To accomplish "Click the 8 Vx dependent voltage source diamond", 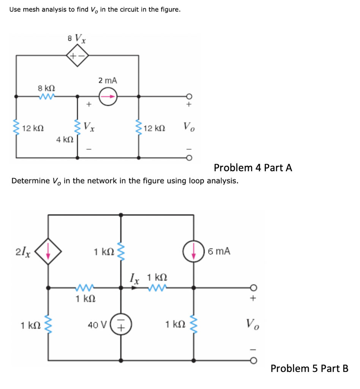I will [78, 56].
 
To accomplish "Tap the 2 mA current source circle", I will [108, 96].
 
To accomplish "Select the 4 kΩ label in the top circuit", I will [64, 139].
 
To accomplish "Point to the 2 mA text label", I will [107, 81].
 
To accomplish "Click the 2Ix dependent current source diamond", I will [48, 251].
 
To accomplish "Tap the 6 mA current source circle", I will [194, 251].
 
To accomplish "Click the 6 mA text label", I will [219, 251].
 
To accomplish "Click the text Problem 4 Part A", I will [253, 168].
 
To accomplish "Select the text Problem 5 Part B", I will [309, 368].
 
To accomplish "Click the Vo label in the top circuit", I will [189, 126].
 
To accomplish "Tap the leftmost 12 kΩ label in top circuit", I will [32, 128].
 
